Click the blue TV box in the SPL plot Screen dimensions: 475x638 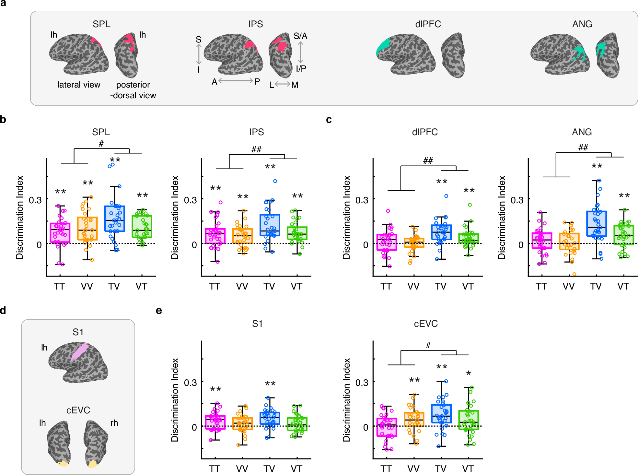[114, 219]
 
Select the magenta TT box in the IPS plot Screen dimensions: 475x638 [215, 236]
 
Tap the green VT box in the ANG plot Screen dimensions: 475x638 [624, 235]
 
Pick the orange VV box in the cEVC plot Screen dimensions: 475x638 [414, 419]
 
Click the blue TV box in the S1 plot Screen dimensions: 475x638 [270, 418]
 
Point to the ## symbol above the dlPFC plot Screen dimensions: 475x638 [428, 160]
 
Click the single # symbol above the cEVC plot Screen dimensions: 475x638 [428, 345]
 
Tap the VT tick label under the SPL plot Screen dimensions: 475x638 [141, 286]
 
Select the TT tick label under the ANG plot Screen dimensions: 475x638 [541, 286]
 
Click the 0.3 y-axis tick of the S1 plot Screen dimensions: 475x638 [190, 383]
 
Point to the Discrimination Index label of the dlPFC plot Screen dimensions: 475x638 [346, 218]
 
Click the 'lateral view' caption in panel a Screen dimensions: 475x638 [79, 85]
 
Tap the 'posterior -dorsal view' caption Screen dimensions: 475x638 [133, 90]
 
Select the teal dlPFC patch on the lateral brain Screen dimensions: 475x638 [383, 47]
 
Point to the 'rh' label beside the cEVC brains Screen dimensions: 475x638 [114, 423]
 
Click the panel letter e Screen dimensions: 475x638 [159, 311]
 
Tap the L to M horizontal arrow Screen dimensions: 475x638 [283, 84]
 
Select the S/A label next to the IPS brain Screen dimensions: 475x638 [300, 36]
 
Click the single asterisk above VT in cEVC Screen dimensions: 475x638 [468, 374]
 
